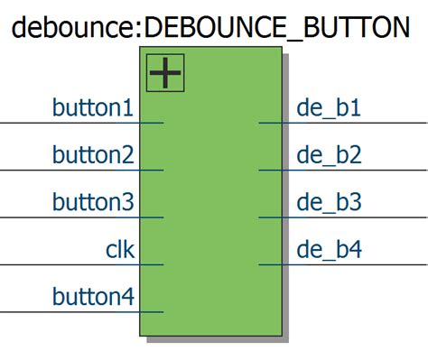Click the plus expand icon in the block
pyautogui.click(x=165, y=73)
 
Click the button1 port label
pyautogui.click(x=93, y=108)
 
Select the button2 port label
pyautogui.click(x=93, y=155)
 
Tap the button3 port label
pyautogui.click(x=93, y=202)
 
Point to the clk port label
pyautogui.click(x=120, y=250)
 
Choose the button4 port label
pyautogui.click(x=93, y=297)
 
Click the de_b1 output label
pyautogui.click(x=329, y=108)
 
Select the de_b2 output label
pyautogui.click(x=329, y=155)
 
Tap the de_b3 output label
pyautogui.click(x=329, y=202)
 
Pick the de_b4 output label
pyautogui.click(x=329, y=250)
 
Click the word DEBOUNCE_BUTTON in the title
pyautogui.click(x=276, y=27)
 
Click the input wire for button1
pyautogui.click(x=54, y=123)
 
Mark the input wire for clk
pyautogui.click(x=54, y=264)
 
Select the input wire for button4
pyautogui.click(x=54, y=311)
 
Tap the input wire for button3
pyautogui.click(x=54, y=217)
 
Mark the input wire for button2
pyautogui.click(x=54, y=170)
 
